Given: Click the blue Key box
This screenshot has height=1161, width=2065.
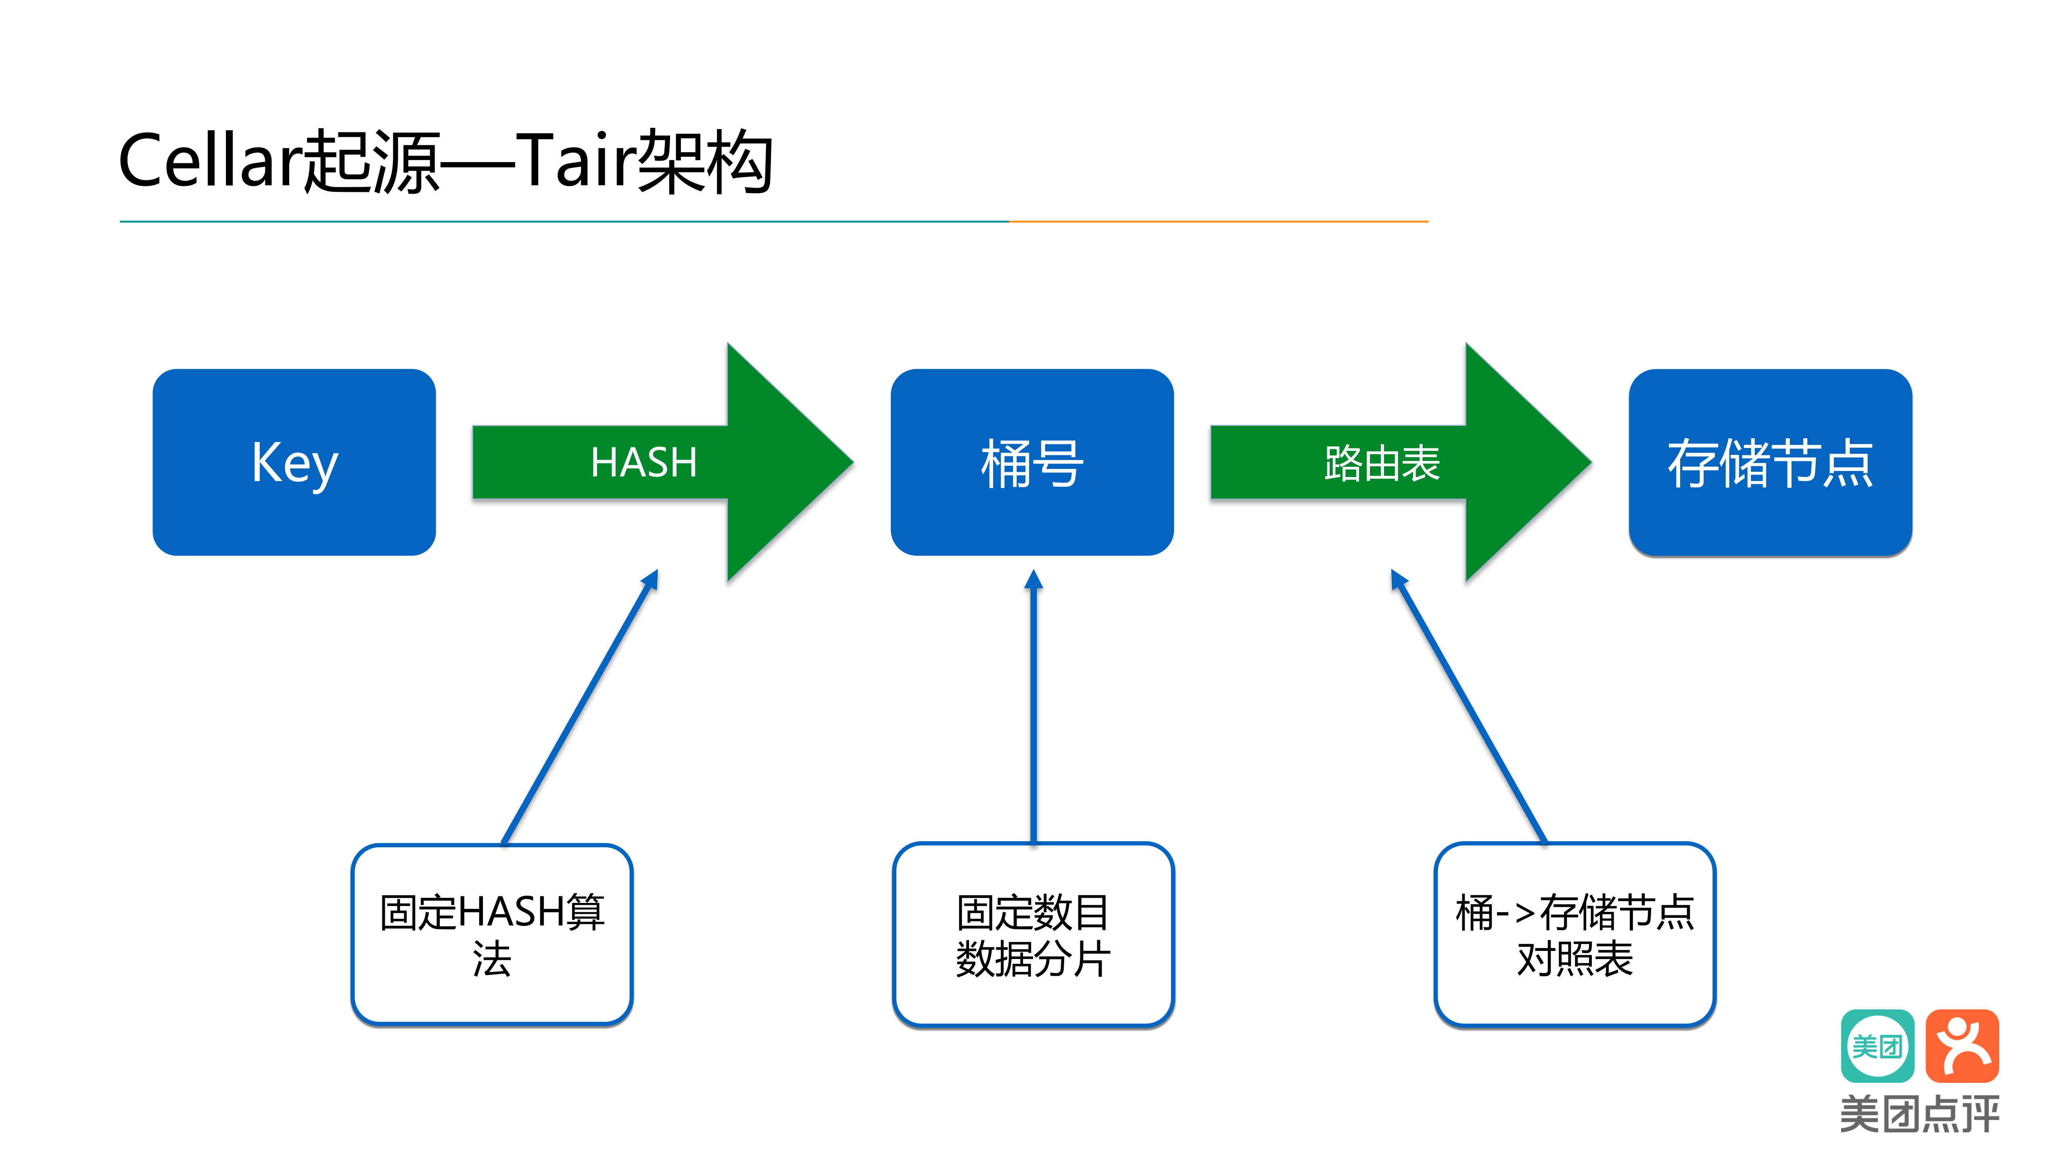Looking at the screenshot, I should (x=294, y=462).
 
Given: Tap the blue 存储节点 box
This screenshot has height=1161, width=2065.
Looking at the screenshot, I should (x=1770, y=462).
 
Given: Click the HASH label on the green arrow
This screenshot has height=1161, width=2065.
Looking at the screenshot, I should (x=644, y=462).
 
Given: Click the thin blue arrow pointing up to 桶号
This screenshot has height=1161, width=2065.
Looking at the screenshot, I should (x=1033, y=705).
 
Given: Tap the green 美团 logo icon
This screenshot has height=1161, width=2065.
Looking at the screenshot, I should (x=1877, y=1046).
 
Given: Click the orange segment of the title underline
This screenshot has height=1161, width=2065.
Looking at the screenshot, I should (x=1219, y=221).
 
